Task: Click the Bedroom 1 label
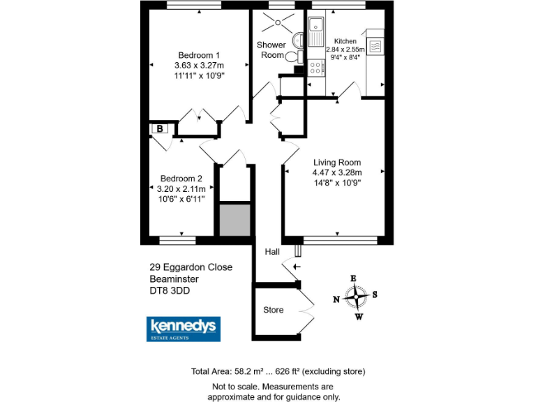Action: click(x=199, y=56)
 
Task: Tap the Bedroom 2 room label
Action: click(x=181, y=178)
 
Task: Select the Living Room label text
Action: click(x=336, y=162)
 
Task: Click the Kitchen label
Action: click(x=345, y=41)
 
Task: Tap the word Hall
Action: click(x=272, y=251)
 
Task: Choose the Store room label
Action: click(x=274, y=309)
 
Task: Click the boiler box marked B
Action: click(x=159, y=128)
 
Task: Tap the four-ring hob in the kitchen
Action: click(x=315, y=68)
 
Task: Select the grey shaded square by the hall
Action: click(x=234, y=220)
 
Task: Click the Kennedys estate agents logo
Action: click(x=184, y=329)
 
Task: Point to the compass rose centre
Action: click(x=357, y=297)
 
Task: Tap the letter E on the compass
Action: click(x=353, y=279)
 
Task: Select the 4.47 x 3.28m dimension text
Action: click(x=336, y=172)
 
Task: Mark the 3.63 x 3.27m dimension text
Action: click(x=199, y=66)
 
